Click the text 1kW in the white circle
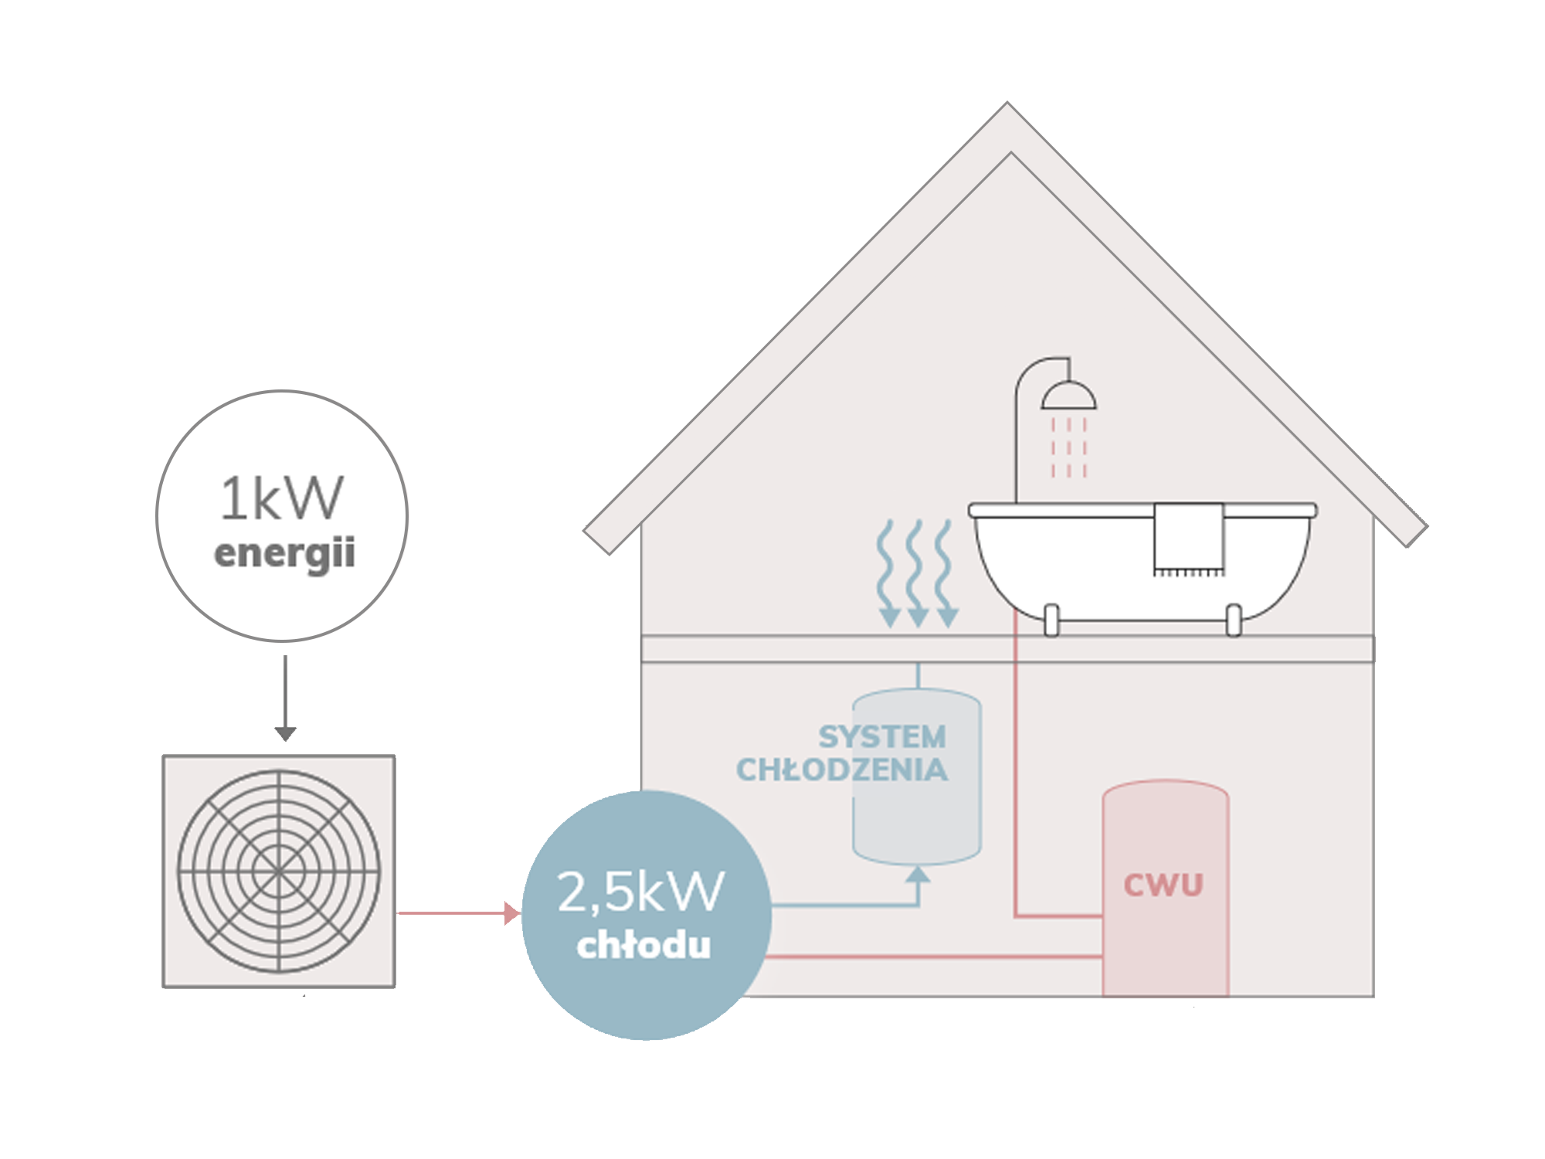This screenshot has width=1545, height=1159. click(281, 498)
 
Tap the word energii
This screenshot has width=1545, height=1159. click(284, 553)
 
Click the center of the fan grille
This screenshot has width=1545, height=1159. click(279, 871)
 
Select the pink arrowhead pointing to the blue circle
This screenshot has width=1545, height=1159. click(511, 913)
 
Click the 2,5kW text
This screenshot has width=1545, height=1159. click(640, 892)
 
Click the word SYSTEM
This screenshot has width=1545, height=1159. click(882, 737)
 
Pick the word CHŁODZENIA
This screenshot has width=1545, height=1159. click(842, 770)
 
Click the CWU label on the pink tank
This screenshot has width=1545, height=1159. click(1163, 885)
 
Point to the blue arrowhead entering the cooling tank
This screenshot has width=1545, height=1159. click(918, 875)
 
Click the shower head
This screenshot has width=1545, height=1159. click(1068, 396)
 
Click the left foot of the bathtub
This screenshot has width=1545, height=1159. click(1051, 620)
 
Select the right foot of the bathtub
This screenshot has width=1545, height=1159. click(1234, 620)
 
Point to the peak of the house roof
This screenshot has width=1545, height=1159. click(1008, 108)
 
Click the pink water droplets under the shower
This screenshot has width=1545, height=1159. click(1068, 448)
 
